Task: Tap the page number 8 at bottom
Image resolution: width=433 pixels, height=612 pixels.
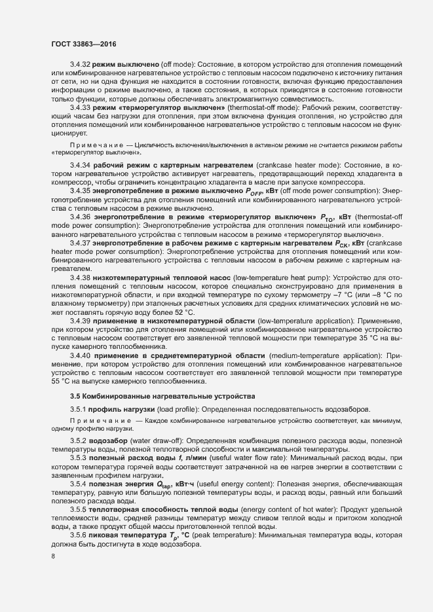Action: (53, 557)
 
